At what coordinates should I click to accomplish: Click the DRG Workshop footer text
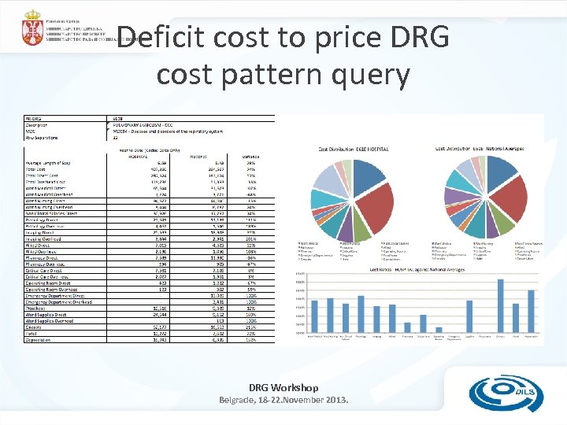pos(283,387)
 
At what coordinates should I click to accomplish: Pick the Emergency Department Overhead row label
pos(59,301)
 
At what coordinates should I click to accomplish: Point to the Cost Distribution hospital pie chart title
pos(354,148)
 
